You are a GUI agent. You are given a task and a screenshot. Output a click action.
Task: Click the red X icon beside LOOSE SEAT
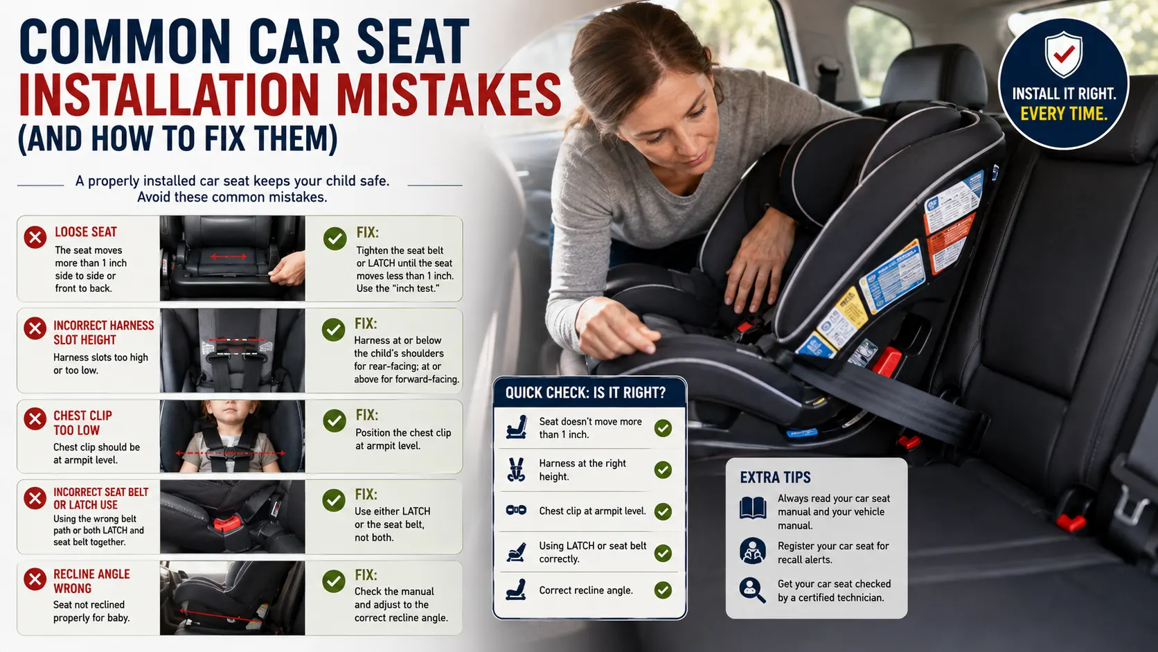tap(35, 238)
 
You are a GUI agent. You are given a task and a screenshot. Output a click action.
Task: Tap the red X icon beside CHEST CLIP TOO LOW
tap(35, 419)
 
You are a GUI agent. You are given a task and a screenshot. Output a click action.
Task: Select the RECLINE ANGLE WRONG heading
tap(91, 581)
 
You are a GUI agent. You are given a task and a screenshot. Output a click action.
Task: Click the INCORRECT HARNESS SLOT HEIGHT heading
tap(103, 333)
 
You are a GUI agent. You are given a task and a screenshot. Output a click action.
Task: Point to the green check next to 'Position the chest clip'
tap(335, 421)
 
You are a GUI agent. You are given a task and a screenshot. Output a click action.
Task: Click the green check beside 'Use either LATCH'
tap(333, 500)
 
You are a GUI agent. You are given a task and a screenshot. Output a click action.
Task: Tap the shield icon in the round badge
tap(1063, 54)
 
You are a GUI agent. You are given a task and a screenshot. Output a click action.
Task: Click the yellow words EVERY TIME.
tap(1063, 114)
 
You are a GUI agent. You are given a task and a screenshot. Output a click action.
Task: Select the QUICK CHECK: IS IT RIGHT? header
tap(585, 393)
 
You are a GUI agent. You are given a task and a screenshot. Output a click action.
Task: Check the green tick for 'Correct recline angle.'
tap(663, 590)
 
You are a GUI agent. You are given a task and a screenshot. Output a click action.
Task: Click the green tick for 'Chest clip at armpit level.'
tap(663, 511)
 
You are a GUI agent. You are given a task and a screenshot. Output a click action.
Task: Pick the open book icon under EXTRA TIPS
tap(753, 508)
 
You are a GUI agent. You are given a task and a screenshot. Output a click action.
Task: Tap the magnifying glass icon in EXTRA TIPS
tap(752, 590)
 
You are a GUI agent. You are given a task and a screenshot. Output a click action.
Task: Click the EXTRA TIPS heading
tap(775, 477)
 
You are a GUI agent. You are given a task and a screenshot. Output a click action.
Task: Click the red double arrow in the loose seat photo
tap(229, 256)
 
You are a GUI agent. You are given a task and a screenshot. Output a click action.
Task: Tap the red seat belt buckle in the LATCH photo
tap(226, 524)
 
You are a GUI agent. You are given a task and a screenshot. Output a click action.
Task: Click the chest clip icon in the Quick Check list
tap(516, 511)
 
